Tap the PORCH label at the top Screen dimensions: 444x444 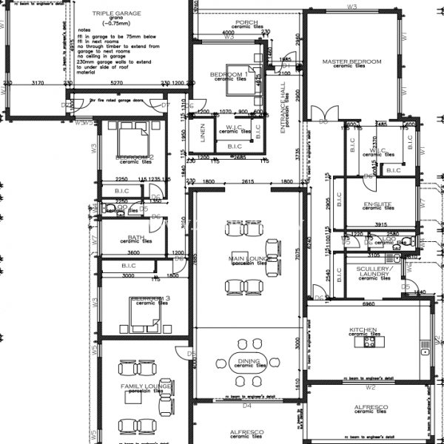point(247,23)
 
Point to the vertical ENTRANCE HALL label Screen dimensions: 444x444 point(283,108)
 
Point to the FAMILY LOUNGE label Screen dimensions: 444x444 point(146,386)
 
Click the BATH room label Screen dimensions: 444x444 point(136,238)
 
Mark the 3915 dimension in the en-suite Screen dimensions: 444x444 point(381,224)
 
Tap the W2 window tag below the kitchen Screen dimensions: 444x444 point(371,387)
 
